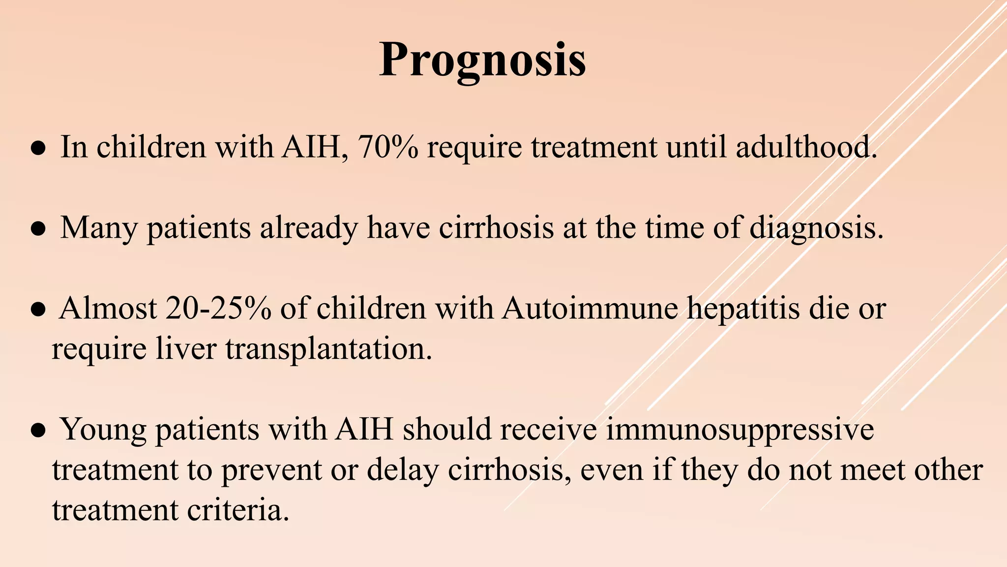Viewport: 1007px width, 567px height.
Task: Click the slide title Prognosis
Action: [x=482, y=61]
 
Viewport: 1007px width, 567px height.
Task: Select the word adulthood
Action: [x=806, y=147]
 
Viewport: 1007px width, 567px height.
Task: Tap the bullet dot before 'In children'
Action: [x=38, y=148]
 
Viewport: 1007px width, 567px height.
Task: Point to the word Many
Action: [x=98, y=229]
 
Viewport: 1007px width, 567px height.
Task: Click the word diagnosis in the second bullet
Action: [x=816, y=229]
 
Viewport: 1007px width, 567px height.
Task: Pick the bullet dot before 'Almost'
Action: [x=38, y=310]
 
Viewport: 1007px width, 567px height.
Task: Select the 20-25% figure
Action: [x=218, y=309]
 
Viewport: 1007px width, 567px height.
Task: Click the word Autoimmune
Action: [x=590, y=309]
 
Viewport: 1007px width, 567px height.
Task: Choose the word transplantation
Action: [x=328, y=349]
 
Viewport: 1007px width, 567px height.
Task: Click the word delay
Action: [x=402, y=471]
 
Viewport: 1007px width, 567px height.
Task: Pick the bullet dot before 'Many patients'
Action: [x=38, y=229]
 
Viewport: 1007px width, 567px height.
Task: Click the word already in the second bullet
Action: [x=308, y=229]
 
